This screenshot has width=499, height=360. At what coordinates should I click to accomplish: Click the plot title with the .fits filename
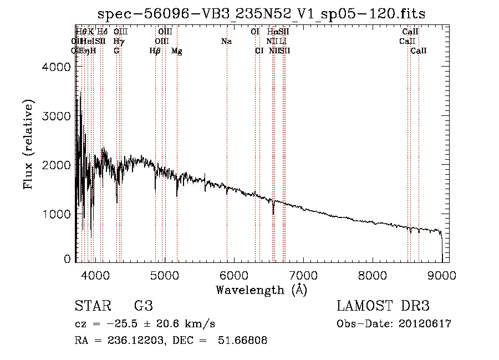261,14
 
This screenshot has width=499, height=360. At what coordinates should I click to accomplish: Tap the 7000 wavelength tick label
303,275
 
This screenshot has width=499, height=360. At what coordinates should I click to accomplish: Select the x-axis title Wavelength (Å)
261,290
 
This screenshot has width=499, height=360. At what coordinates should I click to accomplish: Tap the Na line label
226,41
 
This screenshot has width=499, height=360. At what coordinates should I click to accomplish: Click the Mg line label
177,51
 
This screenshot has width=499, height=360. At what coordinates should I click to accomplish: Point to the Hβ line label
155,51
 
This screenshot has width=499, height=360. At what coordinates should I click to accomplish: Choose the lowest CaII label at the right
419,51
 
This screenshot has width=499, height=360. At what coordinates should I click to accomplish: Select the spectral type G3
143,306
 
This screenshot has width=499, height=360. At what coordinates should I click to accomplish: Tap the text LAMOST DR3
383,306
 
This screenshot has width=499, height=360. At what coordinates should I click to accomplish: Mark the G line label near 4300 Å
116,51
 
